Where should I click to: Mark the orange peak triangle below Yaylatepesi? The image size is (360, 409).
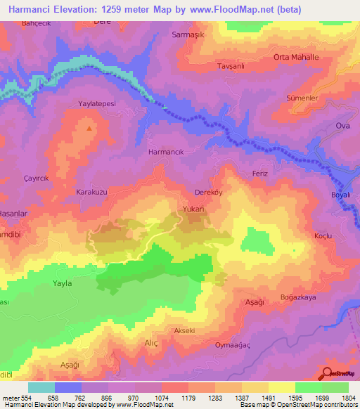coord(89,128)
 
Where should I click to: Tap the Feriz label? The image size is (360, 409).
coord(260,173)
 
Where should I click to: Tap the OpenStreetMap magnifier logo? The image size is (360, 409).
coord(328,373)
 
